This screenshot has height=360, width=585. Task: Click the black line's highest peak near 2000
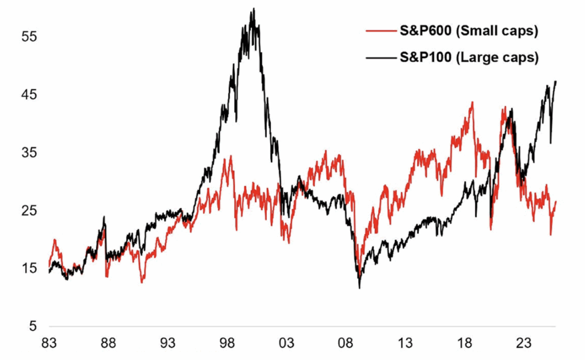[x=253, y=9]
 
